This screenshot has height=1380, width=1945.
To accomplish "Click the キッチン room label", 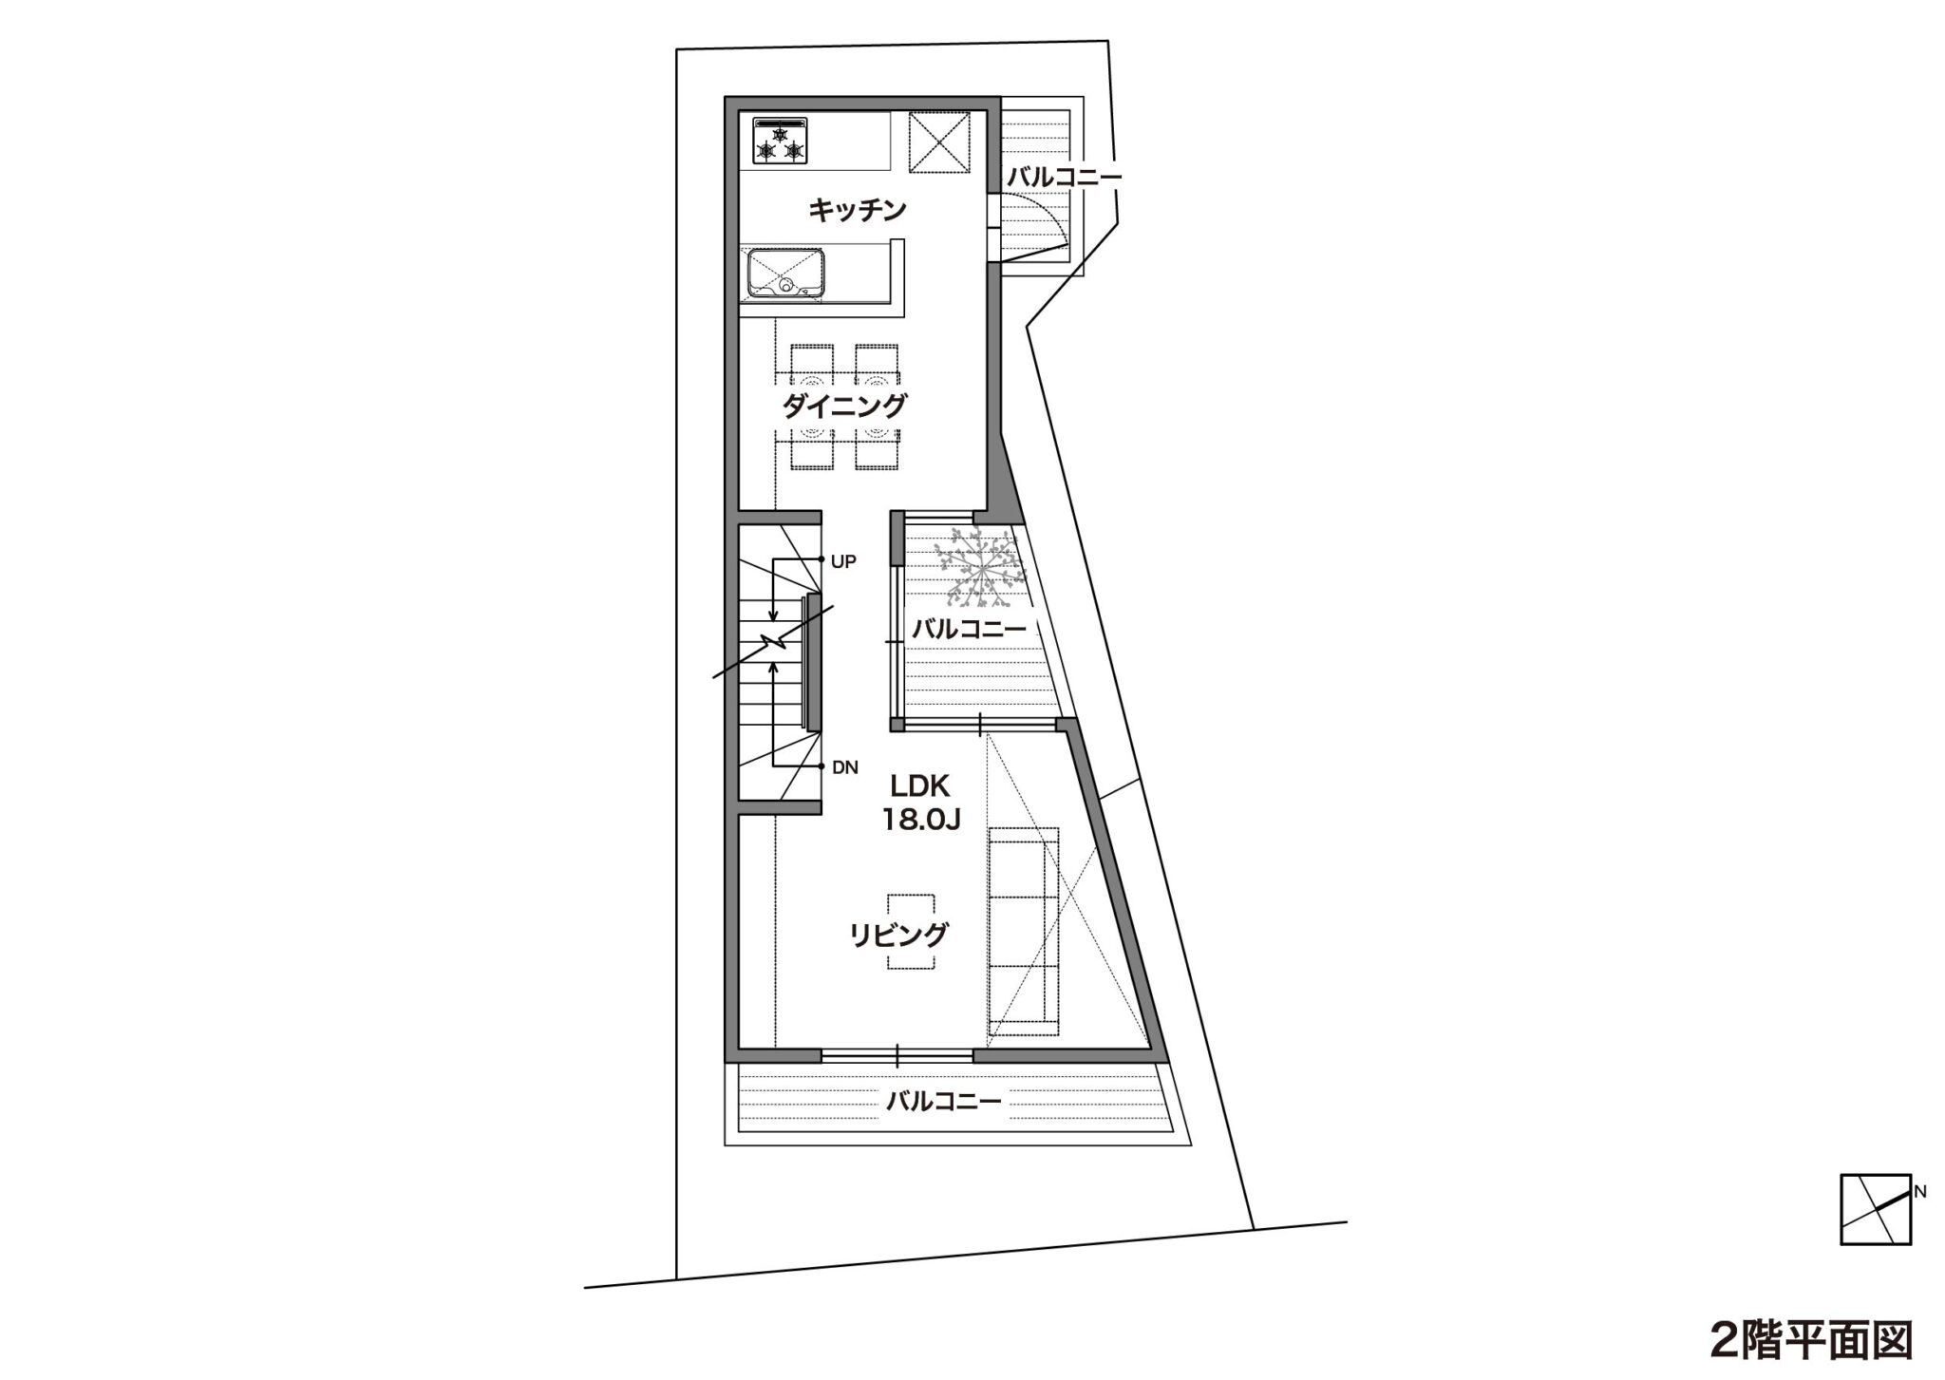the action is pyautogui.click(x=858, y=210).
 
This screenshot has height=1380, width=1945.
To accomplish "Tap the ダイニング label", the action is pyautogui.click(x=844, y=406).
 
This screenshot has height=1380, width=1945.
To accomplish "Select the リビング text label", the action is pyautogui.click(x=898, y=935).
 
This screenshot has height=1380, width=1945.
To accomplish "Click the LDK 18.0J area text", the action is pyautogui.click(x=921, y=803).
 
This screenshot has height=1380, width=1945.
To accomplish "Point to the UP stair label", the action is pyautogui.click(x=843, y=561).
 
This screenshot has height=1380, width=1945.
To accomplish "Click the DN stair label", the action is pyautogui.click(x=845, y=768).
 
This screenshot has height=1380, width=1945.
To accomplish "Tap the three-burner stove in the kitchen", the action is pyautogui.click(x=780, y=141).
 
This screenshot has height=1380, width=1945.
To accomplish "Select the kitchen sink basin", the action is pyautogui.click(x=784, y=272).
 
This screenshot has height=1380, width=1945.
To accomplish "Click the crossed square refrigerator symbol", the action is pyautogui.click(x=938, y=142).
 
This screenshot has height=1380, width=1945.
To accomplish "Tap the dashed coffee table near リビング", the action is pyautogui.click(x=912, y=932).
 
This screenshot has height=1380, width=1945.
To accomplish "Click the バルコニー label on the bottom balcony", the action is pyautogui.click(x=944, y=1102).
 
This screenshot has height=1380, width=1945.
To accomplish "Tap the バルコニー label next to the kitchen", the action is pyautogui.click(x=1064, y=177).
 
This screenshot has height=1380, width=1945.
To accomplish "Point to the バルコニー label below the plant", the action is pyautogui.click(x=969, y=628).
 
